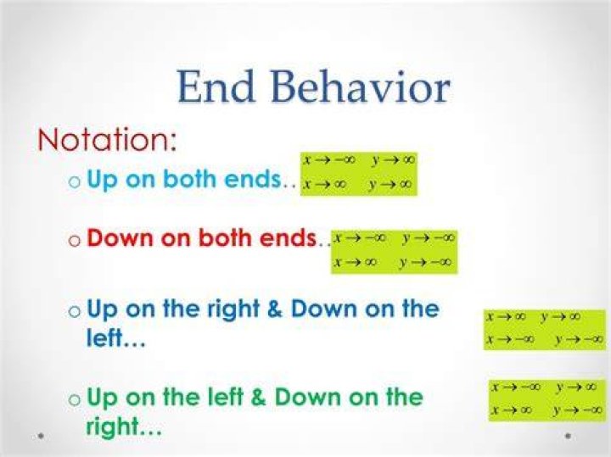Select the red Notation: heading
click(x=107, y=139)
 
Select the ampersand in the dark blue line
click(x=275, y=309)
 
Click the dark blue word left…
click(x=115, y=337)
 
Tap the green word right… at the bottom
click(x=124, y=427)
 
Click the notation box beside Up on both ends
click(x=359, y=174)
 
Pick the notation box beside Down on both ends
click(x=394, y=253)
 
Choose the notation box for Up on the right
click(x=545, y=329)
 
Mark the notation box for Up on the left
click(x=548, y=401)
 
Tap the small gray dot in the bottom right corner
click(x=568, y=436)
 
